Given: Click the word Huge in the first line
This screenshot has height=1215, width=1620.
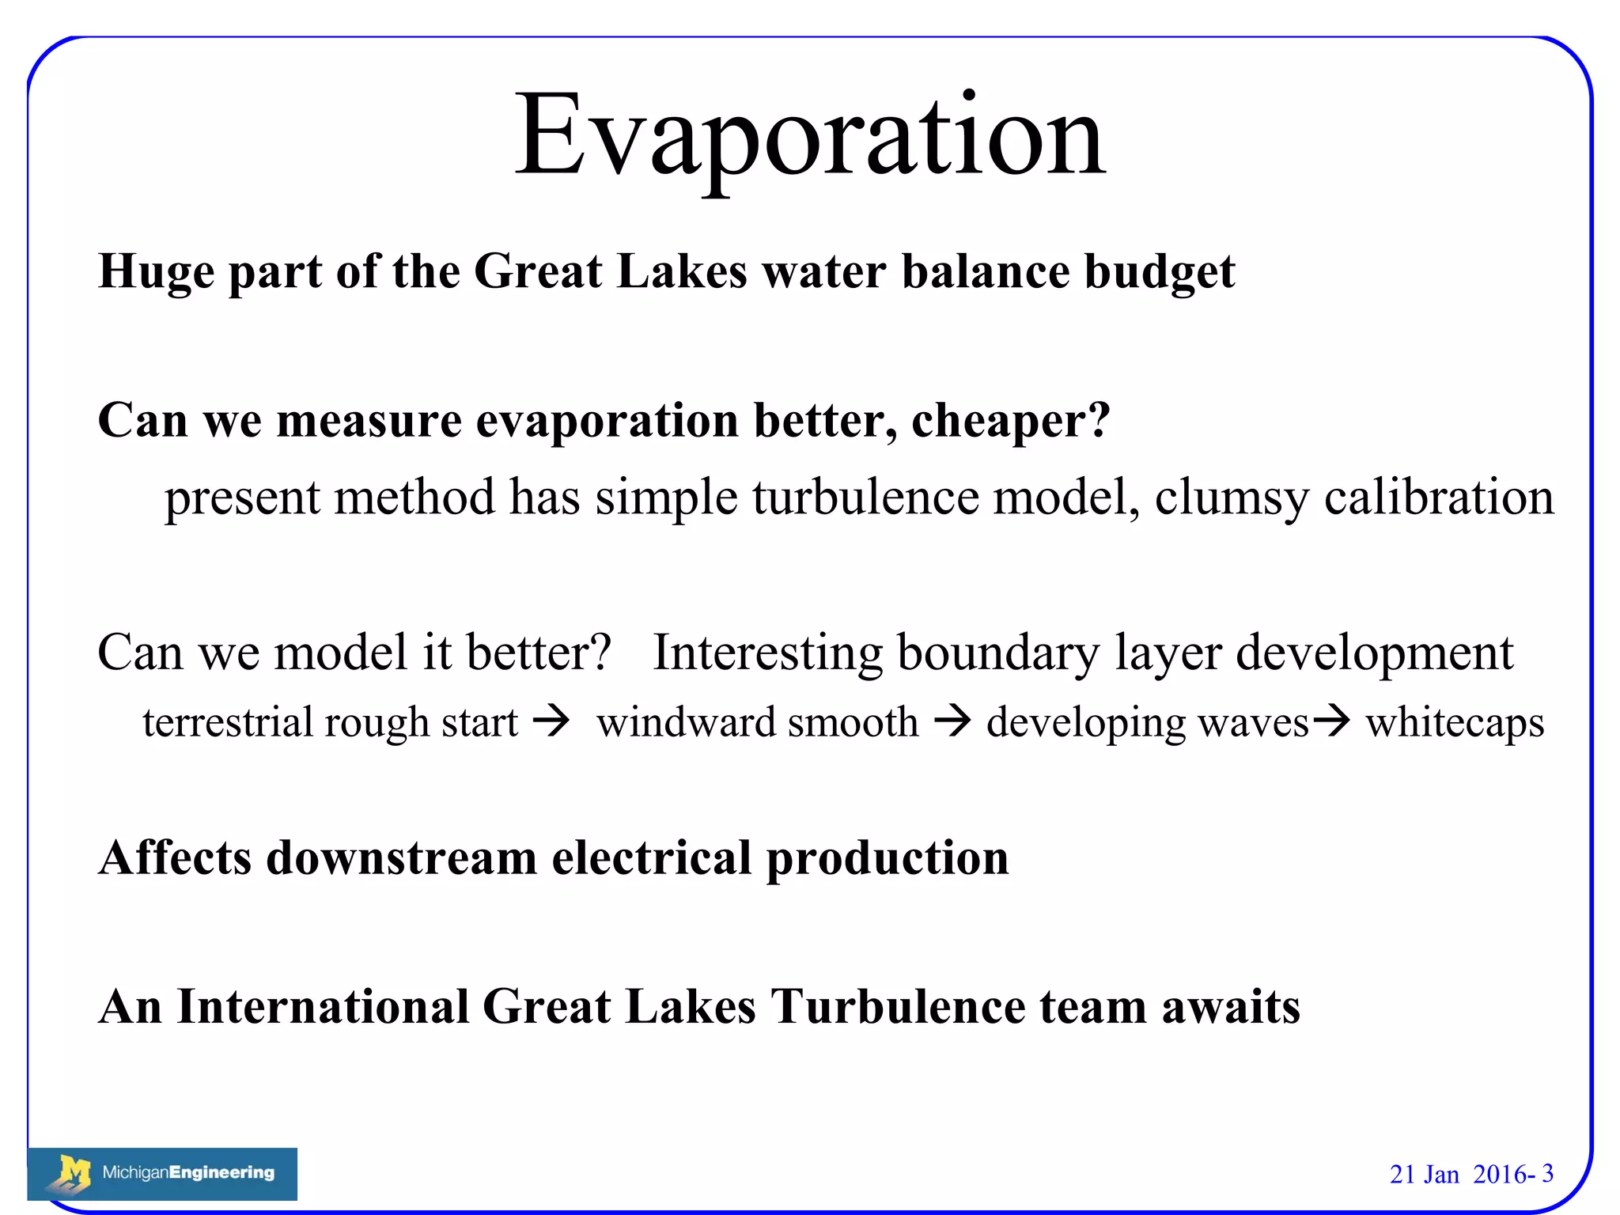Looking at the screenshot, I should tap(156, 272).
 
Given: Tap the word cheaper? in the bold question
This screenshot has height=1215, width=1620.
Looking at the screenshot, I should tap(1011, 421).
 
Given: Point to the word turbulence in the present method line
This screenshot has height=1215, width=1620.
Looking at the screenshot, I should tap(865, 498).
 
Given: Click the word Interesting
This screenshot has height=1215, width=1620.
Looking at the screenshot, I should tap(767, 653).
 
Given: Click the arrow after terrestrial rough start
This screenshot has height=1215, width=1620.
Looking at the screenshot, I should tap(551, 721).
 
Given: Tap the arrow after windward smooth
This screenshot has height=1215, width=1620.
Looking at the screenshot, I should tap(952, 721).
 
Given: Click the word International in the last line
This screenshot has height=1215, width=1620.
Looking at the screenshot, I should tap(323, 1007).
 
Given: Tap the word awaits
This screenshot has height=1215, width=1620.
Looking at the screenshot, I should tap(1231, 1007).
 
